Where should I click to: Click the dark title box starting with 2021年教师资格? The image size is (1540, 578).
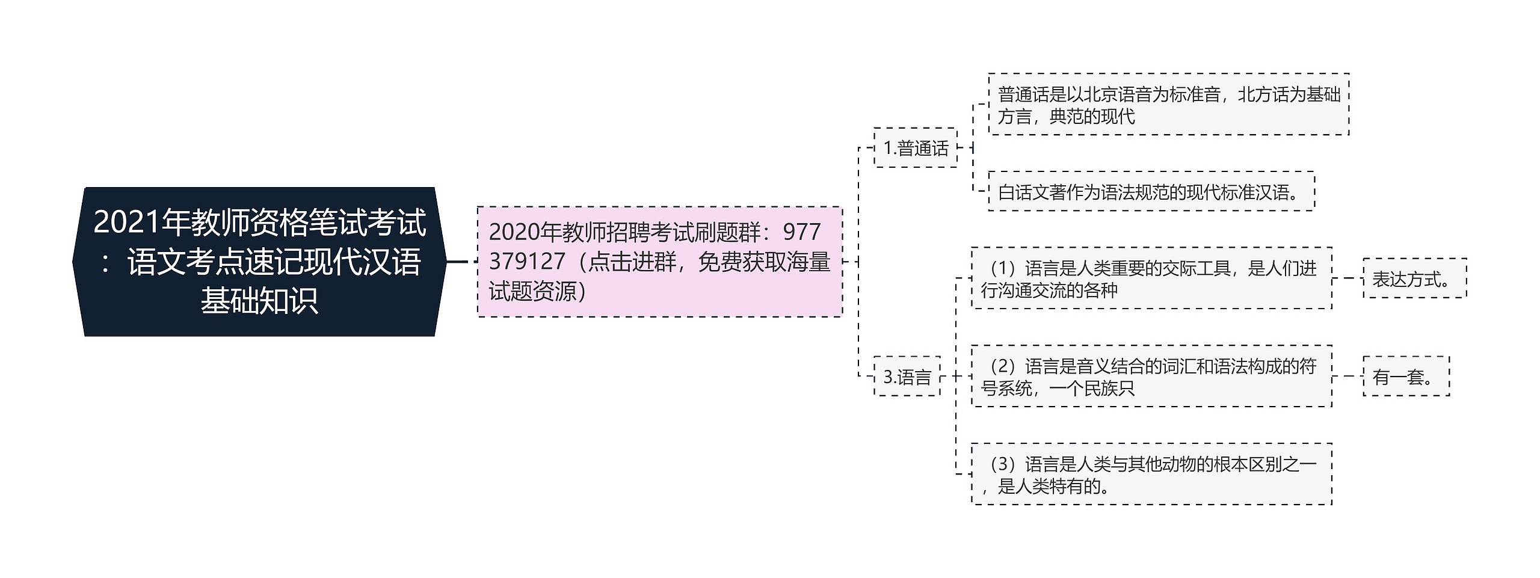(x=259, y=262)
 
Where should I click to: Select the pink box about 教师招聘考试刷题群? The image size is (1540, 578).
(x=659, y=262)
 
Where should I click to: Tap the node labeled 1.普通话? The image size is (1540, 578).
(x=915, y=147)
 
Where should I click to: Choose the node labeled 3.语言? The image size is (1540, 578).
(x=907, y=377)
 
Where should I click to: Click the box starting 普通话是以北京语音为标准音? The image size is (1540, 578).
(x=1168, y=105)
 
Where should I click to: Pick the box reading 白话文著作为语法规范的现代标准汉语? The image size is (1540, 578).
(x=1151, y=192)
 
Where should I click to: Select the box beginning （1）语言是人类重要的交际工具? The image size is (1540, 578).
(x=1151, y=278)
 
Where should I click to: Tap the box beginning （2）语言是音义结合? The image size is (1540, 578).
(x=1151, y=377)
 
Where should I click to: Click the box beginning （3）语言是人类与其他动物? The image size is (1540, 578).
(x=1151, y=475)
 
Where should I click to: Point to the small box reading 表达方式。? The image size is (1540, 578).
(x=1414, y=278)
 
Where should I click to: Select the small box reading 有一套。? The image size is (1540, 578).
(x=1406, y=377)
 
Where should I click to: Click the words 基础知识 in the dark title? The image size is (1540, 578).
(x=259, y=301)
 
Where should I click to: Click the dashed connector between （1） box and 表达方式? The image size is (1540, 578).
(x=1347, y=278)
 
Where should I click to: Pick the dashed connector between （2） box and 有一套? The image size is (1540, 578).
(x=1347, y=377)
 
